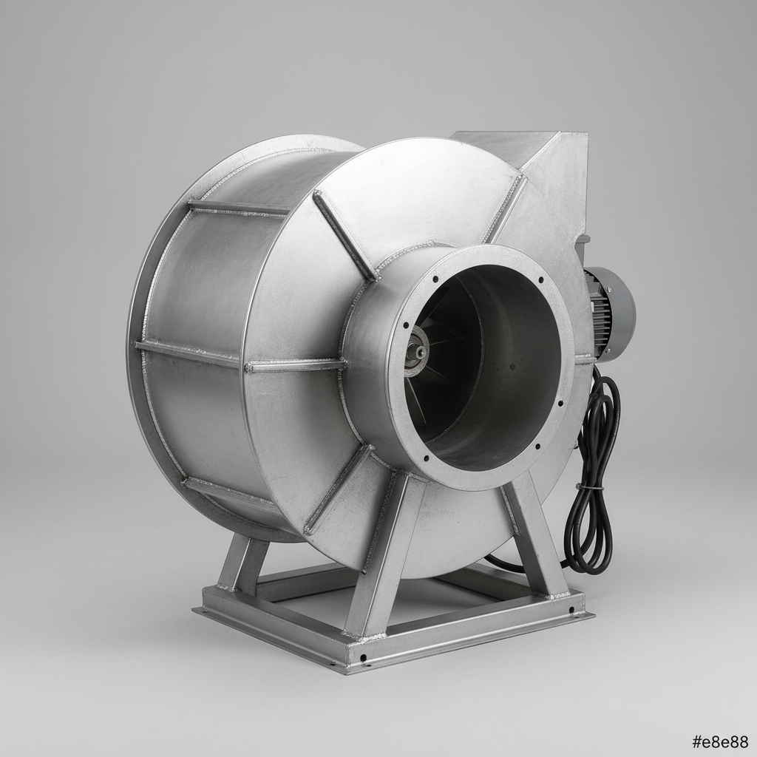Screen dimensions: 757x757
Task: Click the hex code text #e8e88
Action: [720, 741]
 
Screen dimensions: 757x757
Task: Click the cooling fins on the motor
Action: [597, 313]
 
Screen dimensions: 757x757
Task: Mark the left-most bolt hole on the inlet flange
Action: [406, 325]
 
